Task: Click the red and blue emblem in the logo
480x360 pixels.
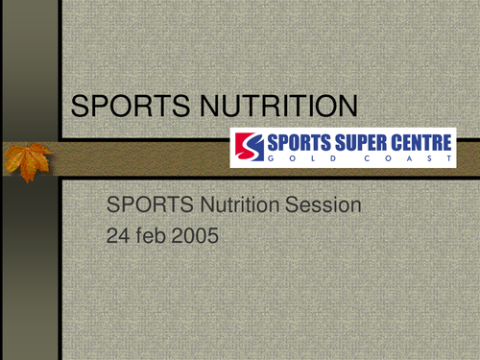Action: click(247, 148)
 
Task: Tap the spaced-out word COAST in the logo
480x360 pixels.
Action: click(416, 160)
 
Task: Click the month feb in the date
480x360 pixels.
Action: click(155, 233)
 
